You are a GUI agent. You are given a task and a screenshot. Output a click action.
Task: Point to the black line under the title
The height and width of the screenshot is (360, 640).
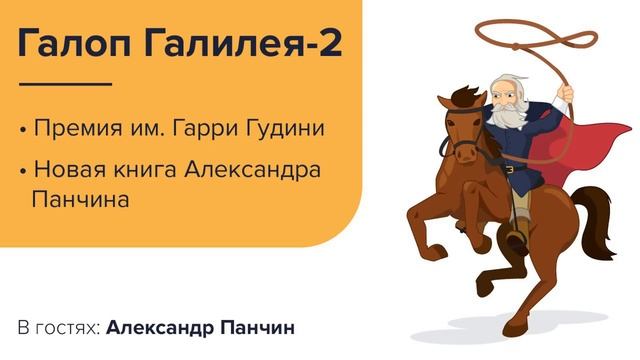[x=64, y=84]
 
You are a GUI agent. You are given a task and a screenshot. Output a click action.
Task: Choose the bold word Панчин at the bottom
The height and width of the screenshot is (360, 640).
[x=262, y=328]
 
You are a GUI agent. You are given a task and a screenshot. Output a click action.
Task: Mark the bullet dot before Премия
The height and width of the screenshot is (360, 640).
[x=23, y=130]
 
